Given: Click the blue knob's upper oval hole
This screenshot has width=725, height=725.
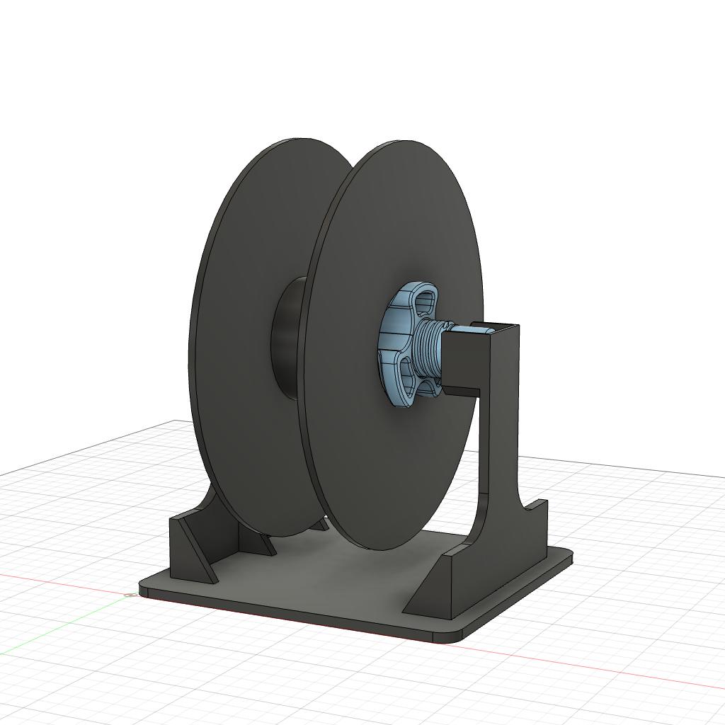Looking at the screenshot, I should pos(422,302).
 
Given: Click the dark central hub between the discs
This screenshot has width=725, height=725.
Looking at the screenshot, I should pos(287,336).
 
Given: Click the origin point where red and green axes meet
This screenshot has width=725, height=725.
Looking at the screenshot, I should pos(130,594).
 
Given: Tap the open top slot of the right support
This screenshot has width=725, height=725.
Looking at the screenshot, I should pos(496,327).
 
